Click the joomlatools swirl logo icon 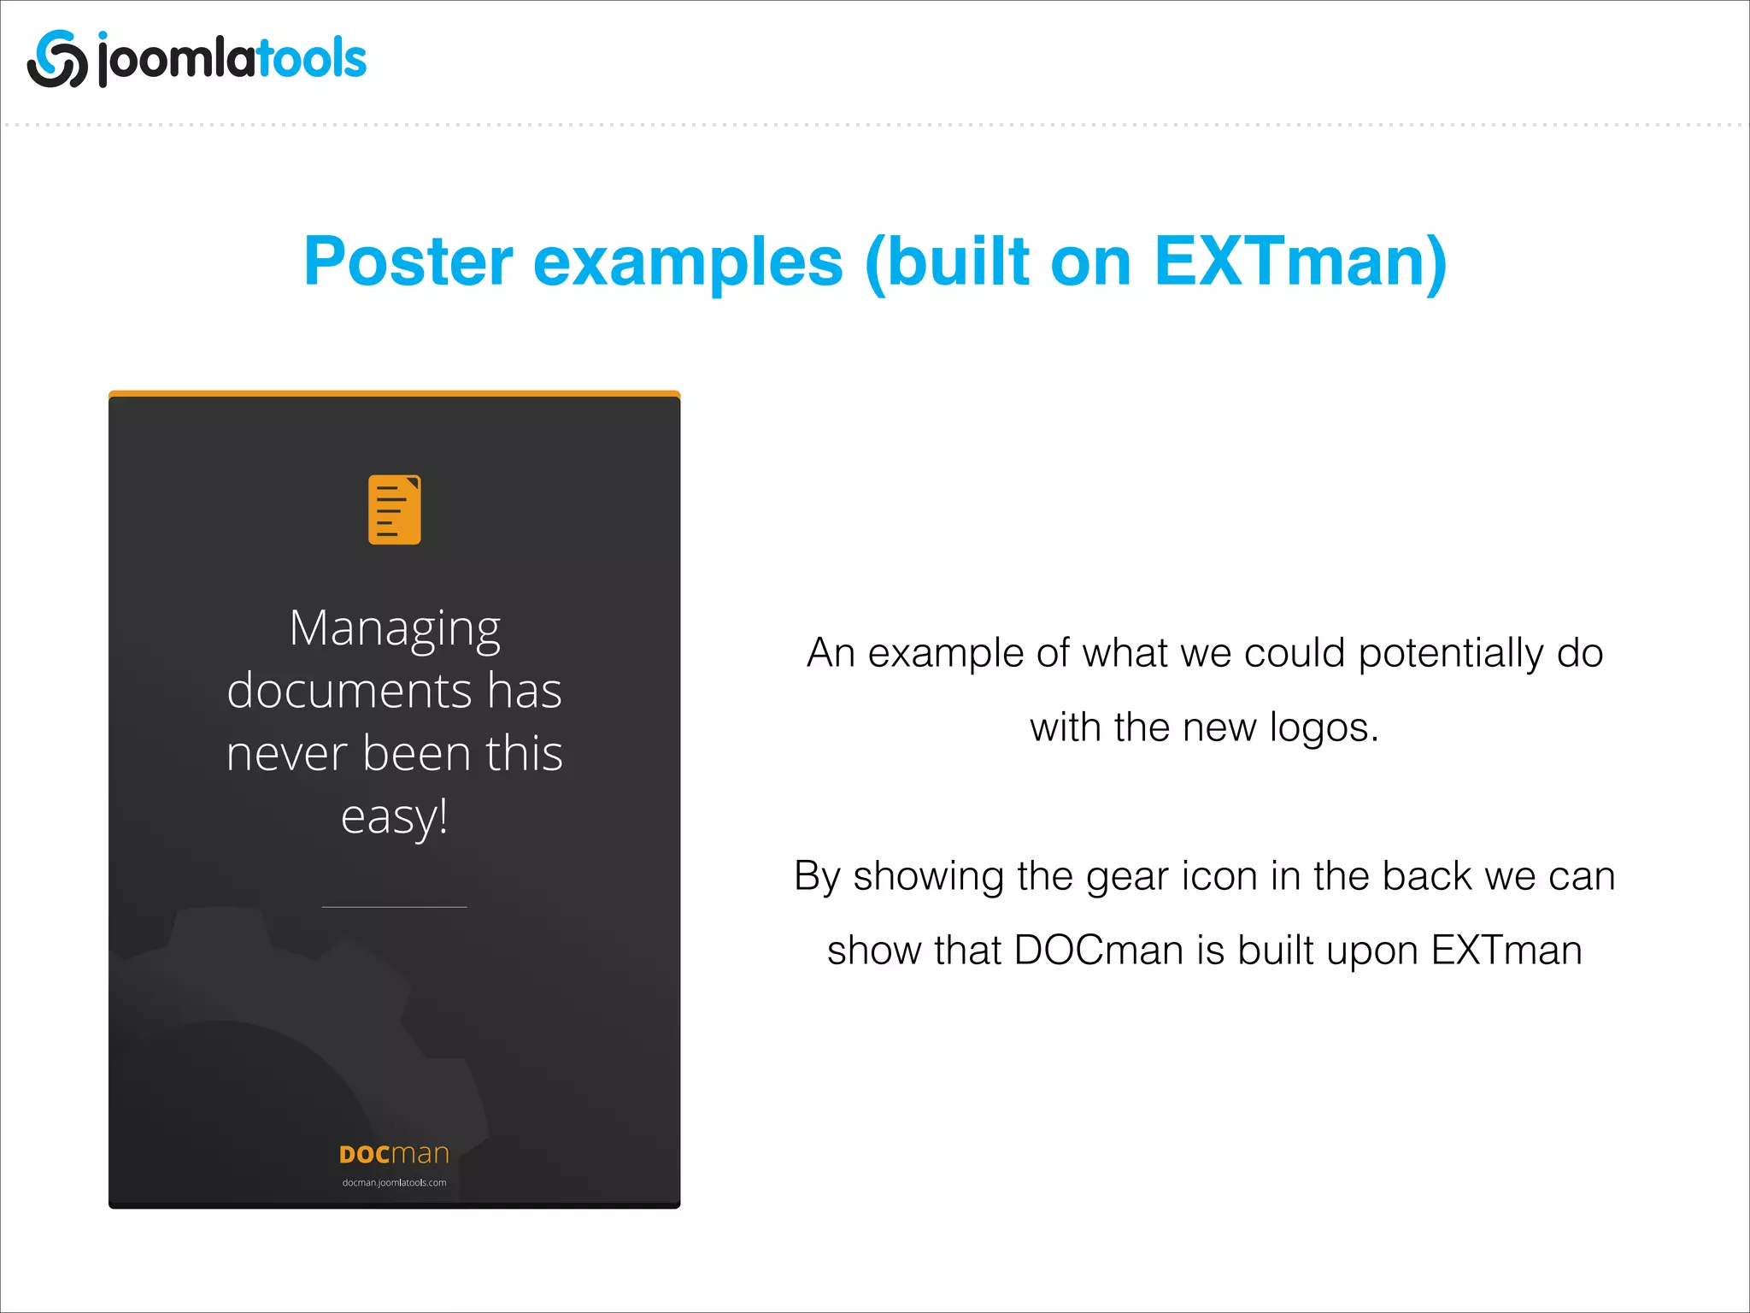pyautogui.click(x=57, y=59)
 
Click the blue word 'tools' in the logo pyautogui.click(x=312, y=59)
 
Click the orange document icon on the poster pyautogui.click(x=394, y=509)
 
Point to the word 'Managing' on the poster pyautogui.click(x=394, y=630)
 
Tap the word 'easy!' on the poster pyautogui.click(x=394, y=816)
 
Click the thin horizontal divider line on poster pyautogui.click(x=394, y=907)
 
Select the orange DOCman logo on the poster pyautogui.click(x=394, y=1154)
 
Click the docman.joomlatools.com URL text pyautogui.click(x=394, y=1183)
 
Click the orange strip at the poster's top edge pyautogui.click(x=394, y=394)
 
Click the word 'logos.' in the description pyautogui.click(x=1324, y=728)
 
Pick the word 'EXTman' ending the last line pyautogui.click(x=1506, y=951)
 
